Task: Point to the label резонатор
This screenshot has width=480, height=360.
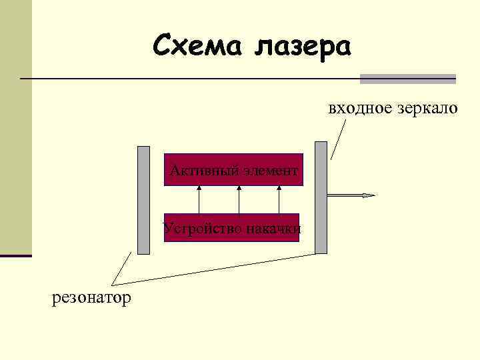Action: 91,297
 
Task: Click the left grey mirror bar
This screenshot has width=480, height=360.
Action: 143,200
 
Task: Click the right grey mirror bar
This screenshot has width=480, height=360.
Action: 321,197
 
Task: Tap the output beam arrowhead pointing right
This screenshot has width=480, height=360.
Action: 369,195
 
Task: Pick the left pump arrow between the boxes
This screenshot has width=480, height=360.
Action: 199,200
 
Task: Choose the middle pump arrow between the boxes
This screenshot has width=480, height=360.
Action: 239,200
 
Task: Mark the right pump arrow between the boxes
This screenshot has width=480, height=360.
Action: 279,200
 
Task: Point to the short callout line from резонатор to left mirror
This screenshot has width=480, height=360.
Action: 122,269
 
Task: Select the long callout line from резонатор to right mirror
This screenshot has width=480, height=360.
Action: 220,269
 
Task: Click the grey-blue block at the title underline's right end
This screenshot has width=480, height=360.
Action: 407,79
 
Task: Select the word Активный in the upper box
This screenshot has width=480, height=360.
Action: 194,171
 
